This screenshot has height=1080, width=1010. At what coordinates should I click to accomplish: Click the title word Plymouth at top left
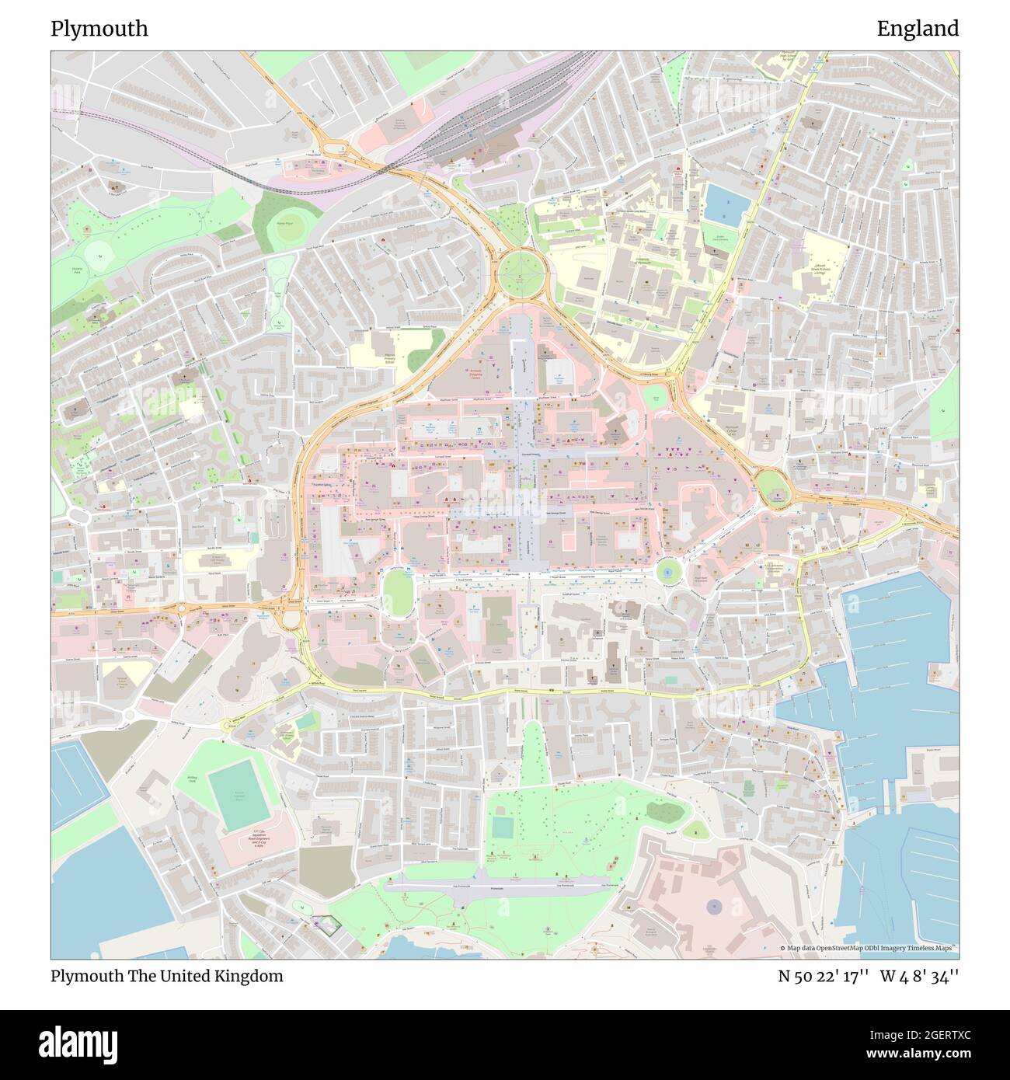click(x=99, y=29)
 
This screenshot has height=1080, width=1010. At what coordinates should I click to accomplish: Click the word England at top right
click(x=918, y=29)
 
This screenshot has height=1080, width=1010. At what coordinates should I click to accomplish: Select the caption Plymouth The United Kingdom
click(x=167, y=976)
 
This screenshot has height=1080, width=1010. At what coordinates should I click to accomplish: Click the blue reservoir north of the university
click(x=726, y=204)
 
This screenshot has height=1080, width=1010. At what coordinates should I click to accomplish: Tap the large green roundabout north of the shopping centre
click(x=523, y=273)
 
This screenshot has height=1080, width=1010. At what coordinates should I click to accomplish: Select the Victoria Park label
click(x=76, y=270)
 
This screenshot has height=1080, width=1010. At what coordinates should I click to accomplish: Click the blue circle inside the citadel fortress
click(x=713, y=905)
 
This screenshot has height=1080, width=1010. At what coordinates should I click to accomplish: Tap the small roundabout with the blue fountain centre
click(x=667, y=573)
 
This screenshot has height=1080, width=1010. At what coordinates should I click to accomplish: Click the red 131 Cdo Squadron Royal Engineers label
click(x=247, y=843)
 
